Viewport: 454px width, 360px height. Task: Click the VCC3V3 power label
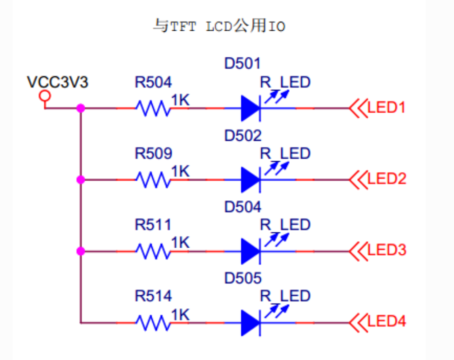(58, 82)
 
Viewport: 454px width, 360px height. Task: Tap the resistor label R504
(153, 83)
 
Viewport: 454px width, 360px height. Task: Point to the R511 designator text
(153, 225)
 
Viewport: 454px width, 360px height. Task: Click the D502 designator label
(243, 136)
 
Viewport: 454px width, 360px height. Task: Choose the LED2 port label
(386, 179)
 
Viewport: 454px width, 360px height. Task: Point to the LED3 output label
(386, 250)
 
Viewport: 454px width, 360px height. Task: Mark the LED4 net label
(386, 321)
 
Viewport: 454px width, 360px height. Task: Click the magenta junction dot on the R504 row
(81, 108)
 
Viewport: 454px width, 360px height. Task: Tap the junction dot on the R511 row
(81, 251)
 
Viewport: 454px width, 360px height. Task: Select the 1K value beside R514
(181, 315)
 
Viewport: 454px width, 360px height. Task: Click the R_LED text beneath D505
(285, 296)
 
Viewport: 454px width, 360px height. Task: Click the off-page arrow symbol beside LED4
(358, 322)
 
